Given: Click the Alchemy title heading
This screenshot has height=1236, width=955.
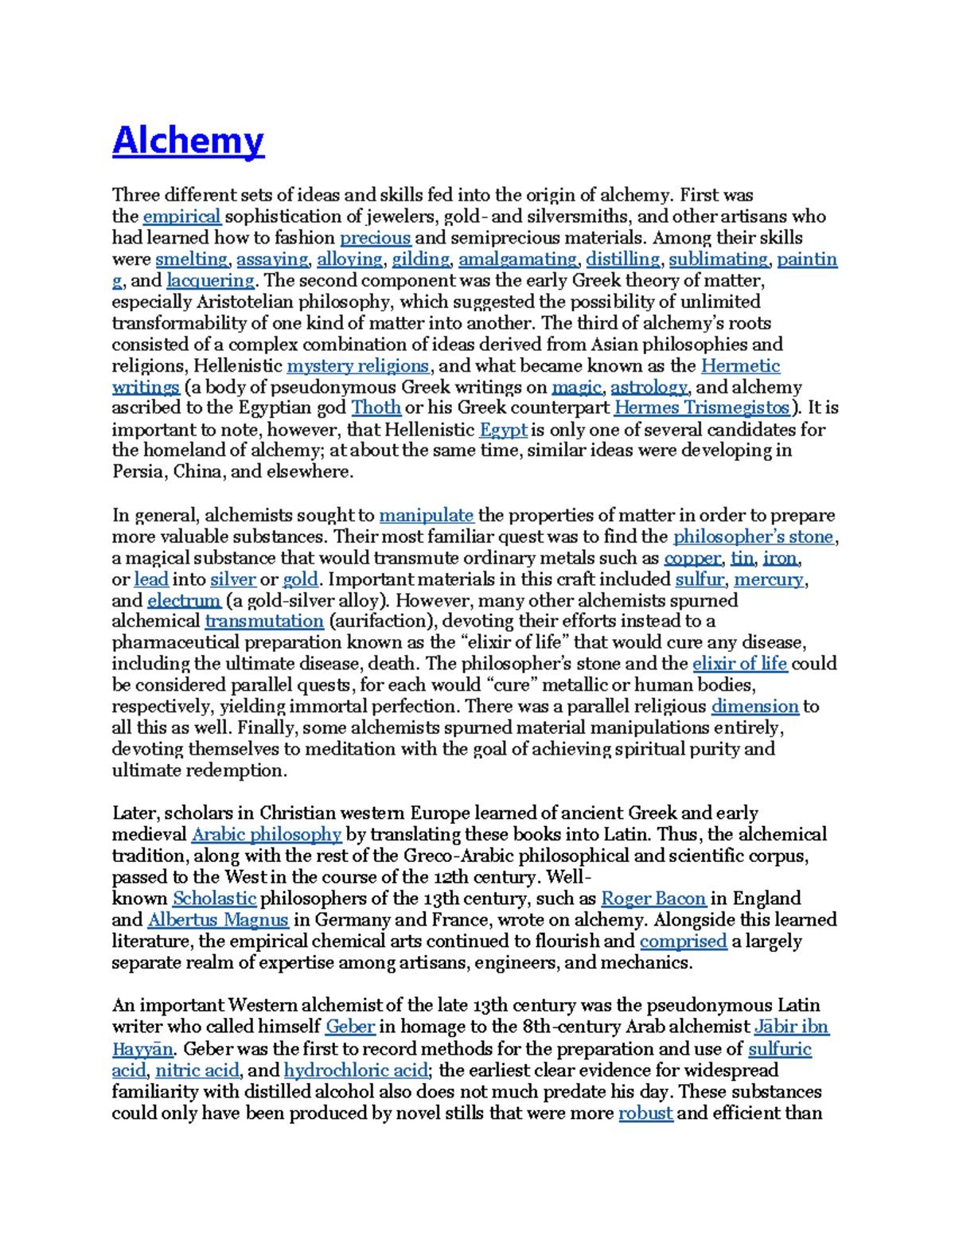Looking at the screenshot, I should coord(188,141).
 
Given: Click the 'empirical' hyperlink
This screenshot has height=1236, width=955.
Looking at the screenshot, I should coord(181,216).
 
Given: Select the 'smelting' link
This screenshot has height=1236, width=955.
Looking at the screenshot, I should coord(191,259).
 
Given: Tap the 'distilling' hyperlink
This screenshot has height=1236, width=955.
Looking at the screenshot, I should coord(622,259).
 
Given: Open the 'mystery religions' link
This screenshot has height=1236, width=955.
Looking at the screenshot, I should coord(357,366).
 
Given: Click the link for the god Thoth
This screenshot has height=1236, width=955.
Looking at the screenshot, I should coord(376,408).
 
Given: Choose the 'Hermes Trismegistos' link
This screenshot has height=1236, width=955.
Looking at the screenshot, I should coord(702,408).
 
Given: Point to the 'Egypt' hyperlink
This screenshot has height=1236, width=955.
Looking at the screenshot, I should coord(503,430).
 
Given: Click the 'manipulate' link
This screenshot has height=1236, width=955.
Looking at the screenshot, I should coord(426,516).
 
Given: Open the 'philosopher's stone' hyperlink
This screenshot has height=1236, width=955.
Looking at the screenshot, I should coord(753,537).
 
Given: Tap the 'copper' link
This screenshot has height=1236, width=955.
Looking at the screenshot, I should coord(692,559).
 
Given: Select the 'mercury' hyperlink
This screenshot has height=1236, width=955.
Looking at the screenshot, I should coord(768,579).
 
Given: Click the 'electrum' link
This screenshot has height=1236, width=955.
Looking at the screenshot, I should coord(184,601).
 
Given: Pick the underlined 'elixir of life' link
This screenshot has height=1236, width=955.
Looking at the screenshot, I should coord(739,665).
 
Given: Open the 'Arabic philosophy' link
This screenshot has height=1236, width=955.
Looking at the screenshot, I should coord(266,835).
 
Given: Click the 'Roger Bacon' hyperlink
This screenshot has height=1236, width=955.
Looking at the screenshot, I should coord(653,899).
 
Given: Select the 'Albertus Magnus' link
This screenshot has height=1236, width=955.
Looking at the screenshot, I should coord(217,920).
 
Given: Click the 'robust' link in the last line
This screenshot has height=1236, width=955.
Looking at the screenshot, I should coord(645,1113).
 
